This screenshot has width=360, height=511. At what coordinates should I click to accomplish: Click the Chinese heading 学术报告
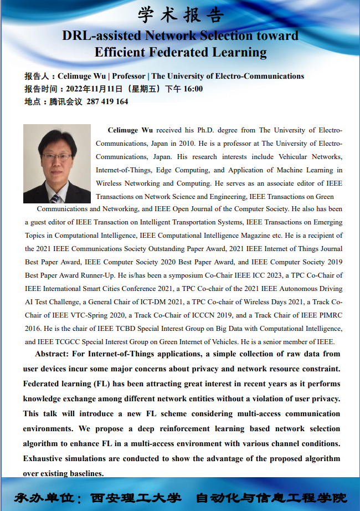tap(180, 14)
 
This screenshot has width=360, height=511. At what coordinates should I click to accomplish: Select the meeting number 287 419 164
tap(107, 101)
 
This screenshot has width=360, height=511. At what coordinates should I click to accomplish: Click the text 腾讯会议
tap(65, 101)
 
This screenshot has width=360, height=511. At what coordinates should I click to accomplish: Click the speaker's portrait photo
tap(57, 163)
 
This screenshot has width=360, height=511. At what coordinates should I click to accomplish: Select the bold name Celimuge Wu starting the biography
tap(130, 130)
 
